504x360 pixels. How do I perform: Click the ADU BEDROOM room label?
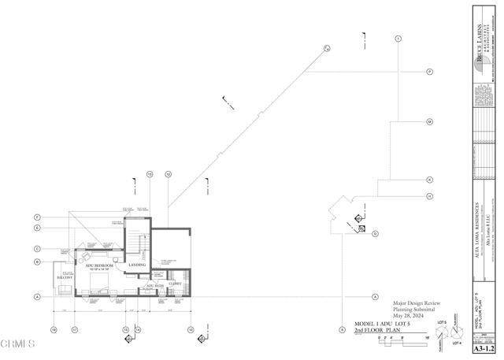tap(99, 266)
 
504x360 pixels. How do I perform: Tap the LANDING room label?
tap(137, 265)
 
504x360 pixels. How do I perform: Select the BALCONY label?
tap(64, 278)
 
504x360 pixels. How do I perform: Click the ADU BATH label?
tap(154, 285)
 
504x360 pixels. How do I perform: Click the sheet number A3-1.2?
tap(484, 347)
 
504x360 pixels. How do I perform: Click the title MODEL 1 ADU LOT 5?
tap(386, 325)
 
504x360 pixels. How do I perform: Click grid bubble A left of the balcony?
tap(37, 297)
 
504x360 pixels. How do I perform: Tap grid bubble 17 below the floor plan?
tap(74, 329)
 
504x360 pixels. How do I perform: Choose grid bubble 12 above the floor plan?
tap(169, 173)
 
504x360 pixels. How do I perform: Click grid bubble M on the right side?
tap(430, 122)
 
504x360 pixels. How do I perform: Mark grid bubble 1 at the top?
tap(398, 38)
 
